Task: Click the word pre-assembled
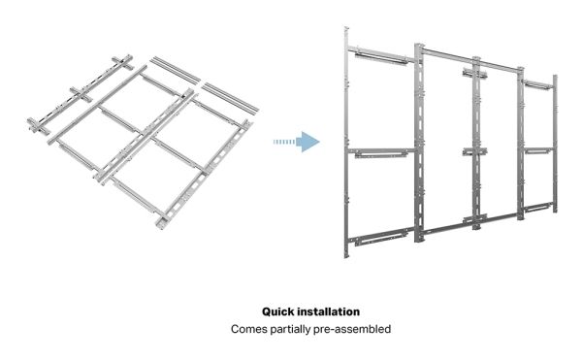[x=352, y=330]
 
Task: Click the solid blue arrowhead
[x=308, y=142]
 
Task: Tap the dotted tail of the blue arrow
[x=284, y=142]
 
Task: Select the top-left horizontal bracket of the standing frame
[x=381, y=54]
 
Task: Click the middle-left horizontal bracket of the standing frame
[x=381, y=153]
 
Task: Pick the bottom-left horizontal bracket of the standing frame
[x=381, y=237]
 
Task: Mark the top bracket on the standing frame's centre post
[x=474, y=73]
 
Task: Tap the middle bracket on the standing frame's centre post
[x=474, y=151]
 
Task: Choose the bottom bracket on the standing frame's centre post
[x=474, y=219]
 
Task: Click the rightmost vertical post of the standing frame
[x=555, y=144]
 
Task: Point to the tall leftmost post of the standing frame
[x=346, y=142]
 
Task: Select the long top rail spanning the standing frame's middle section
[x=470, y=59]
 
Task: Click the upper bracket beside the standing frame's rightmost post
[x=537, y=84]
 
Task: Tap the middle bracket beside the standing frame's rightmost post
[x=537, y=150]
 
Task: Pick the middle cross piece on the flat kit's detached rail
[x=81, y=94]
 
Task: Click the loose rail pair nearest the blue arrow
[x=230, y=98]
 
